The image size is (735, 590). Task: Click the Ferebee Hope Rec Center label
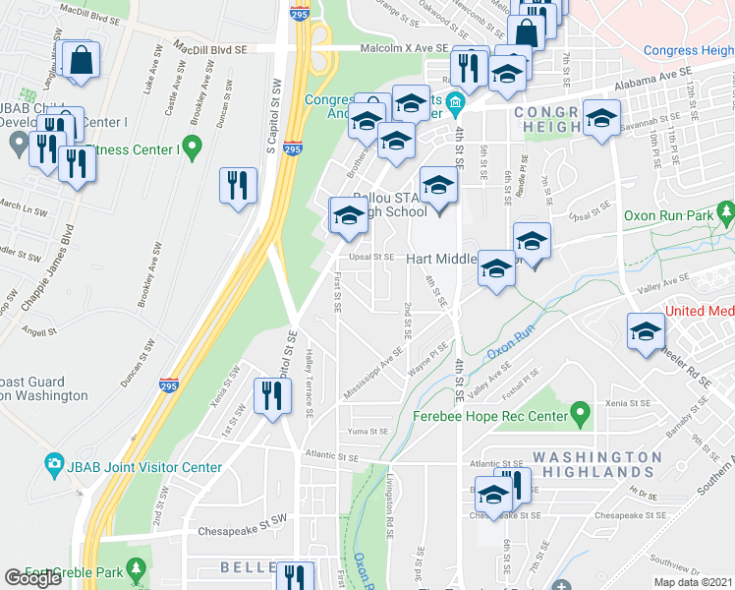pyautogui.click(x=490, y=416)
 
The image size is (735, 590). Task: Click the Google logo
pyautogui.click(x=32, y=578)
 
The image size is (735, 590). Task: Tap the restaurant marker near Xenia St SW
pyautogui.click(x=270, y=395)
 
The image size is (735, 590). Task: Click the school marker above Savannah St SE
pyautogui.click(x=601, y=121)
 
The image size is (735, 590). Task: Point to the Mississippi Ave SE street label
pyautogui.click(x=373, y=371)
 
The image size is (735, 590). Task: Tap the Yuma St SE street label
pyautogui.click(x=367, y=432)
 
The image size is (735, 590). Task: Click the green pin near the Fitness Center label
pyautogui.click(x=193, y=149)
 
